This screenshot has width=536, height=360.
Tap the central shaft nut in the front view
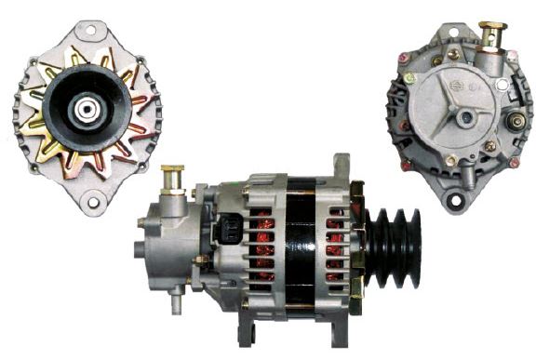pyautogui.click(x=86, y=109)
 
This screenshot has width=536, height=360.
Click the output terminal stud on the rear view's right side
pyautogui.click(x=514, y=121)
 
